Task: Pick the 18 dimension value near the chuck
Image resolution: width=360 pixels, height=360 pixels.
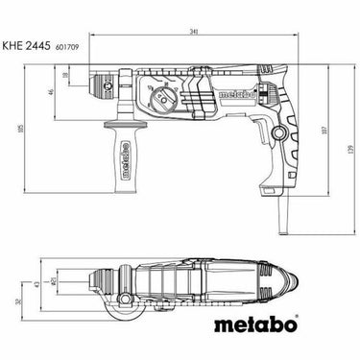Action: click(67, 75)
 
